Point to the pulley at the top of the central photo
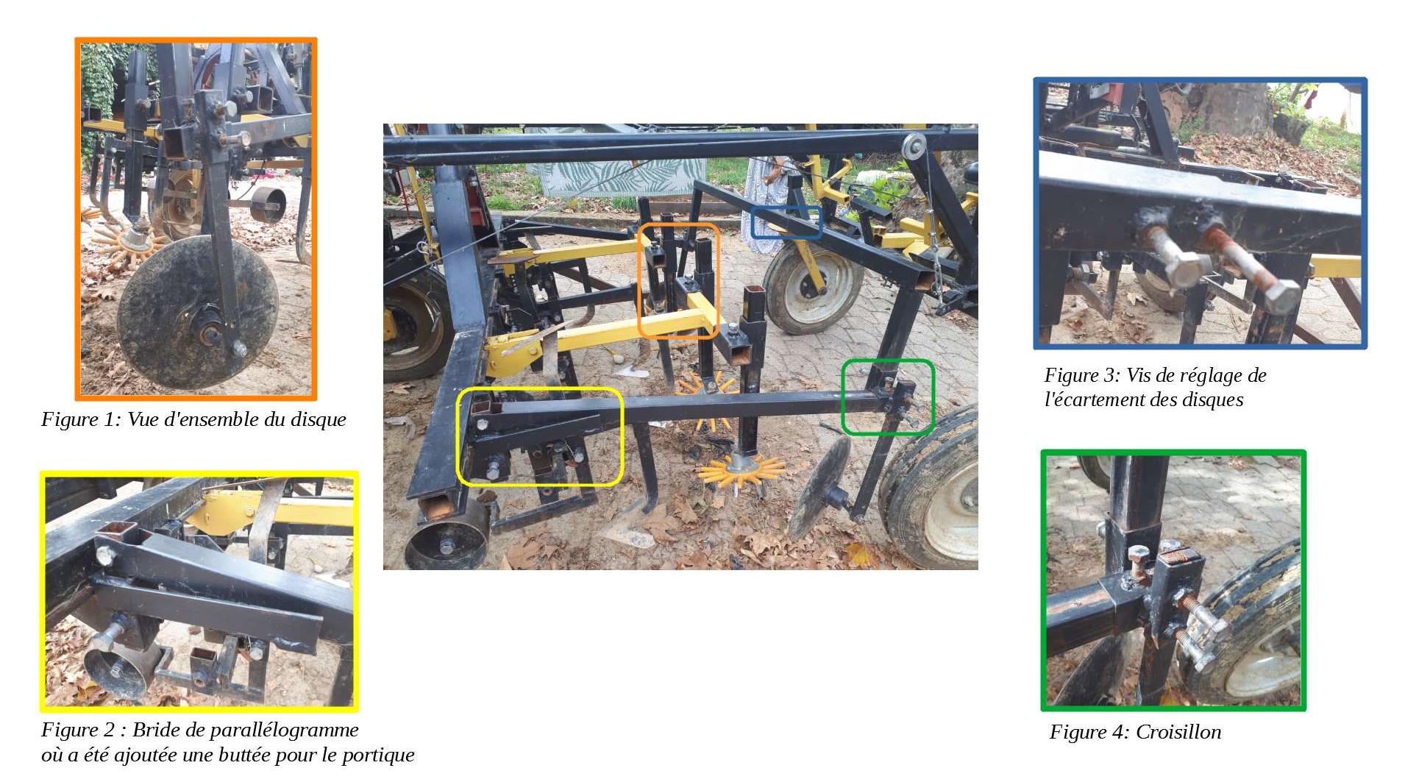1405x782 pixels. point(914,146)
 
